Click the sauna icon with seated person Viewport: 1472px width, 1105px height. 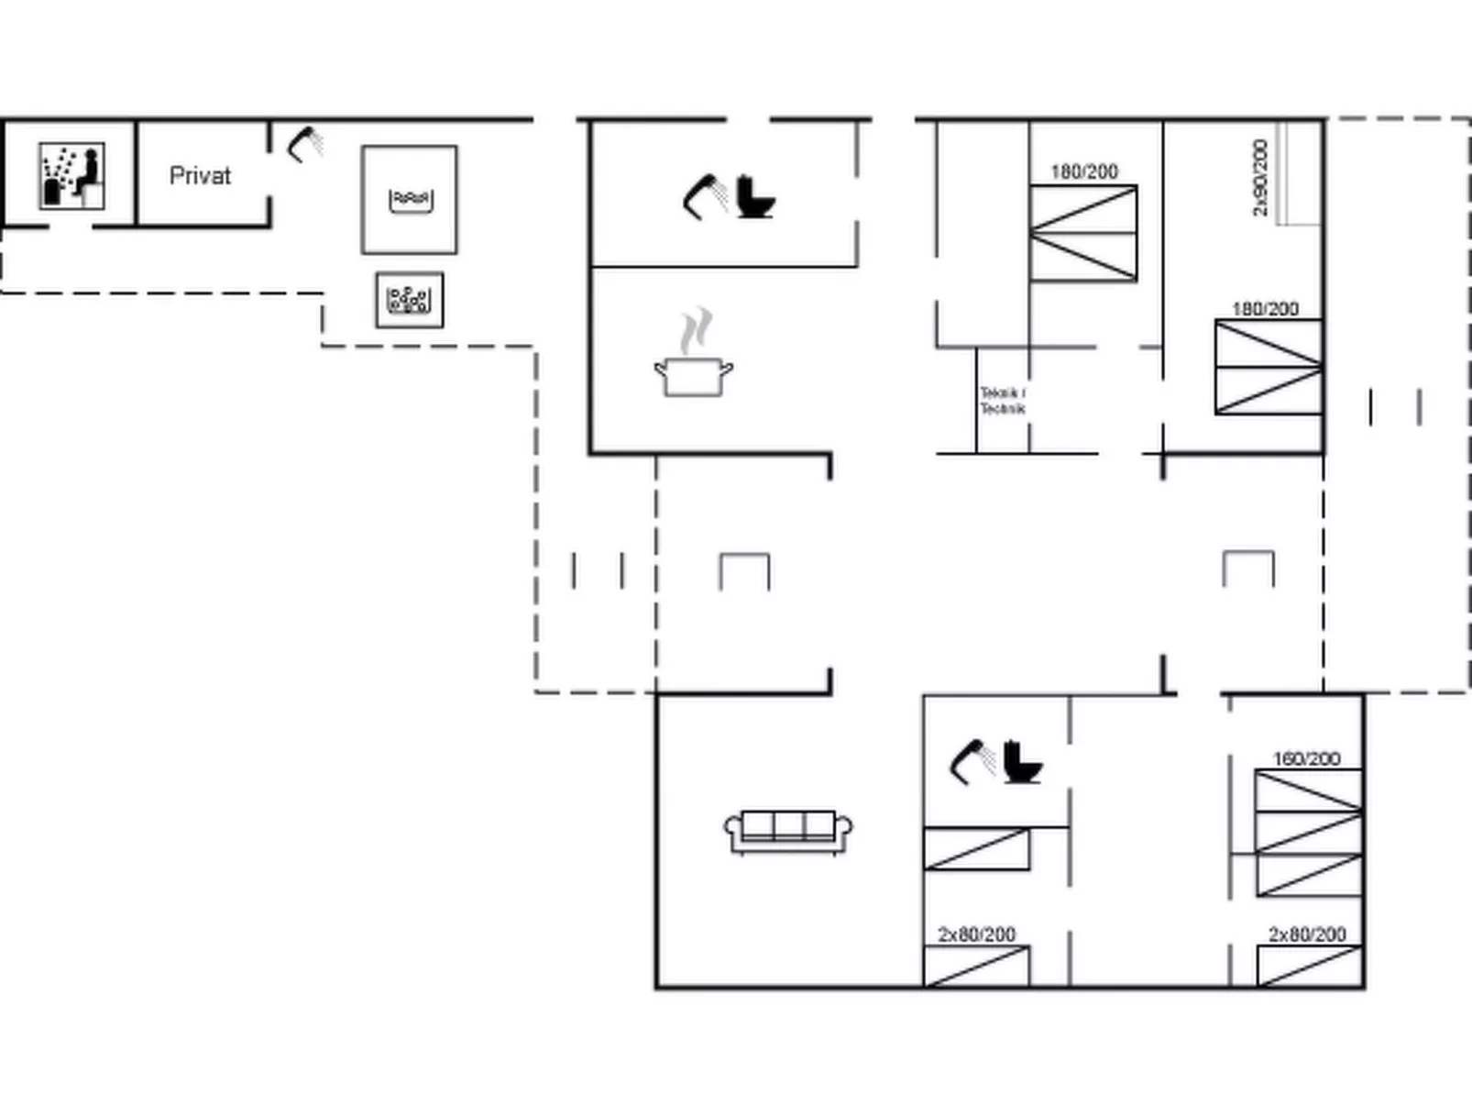71,175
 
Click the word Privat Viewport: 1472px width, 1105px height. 200,175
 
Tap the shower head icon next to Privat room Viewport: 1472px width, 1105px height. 305,145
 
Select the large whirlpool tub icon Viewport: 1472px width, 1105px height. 410,199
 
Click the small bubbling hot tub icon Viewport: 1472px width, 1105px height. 410,300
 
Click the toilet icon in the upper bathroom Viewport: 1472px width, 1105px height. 755,196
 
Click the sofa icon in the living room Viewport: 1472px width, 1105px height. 788,831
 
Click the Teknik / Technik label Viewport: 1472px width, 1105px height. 1002,401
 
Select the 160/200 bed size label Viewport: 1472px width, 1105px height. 1306,758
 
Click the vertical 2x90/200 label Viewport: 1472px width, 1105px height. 1260,178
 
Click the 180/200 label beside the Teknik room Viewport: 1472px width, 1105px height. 1084,171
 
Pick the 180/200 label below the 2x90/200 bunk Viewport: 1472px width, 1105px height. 1265,309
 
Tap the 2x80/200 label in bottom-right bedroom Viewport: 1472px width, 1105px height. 1307,934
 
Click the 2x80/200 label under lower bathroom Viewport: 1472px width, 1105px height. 976,934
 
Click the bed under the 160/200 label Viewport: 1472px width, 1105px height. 1308,833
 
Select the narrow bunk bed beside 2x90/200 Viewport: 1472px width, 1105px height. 1299,173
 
